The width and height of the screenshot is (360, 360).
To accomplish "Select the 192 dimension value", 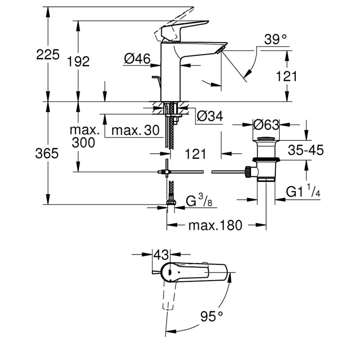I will pyautogui.click(x=79, y=62).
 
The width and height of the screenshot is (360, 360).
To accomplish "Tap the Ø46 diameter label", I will pyautogui.click(x=137, y=58).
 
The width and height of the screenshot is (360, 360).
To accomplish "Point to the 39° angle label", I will pyautogui.click(x=275, y=40).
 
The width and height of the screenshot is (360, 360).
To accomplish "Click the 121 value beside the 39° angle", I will pyautogui.click(x=286, y=76).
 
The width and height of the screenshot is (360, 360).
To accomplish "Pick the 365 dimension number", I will pyautogui.click(x=47, y=153).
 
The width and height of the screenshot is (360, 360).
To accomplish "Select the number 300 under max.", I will pyautogui.click(x=83, y=143).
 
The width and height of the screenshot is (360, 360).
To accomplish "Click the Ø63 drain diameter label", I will pyautogui.click(x=266, y=124).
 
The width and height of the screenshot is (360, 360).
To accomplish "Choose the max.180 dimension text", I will pyautogui.click(x=215, y=225).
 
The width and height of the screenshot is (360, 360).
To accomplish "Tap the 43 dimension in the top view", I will pyautogui.click(x=161, y=254).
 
